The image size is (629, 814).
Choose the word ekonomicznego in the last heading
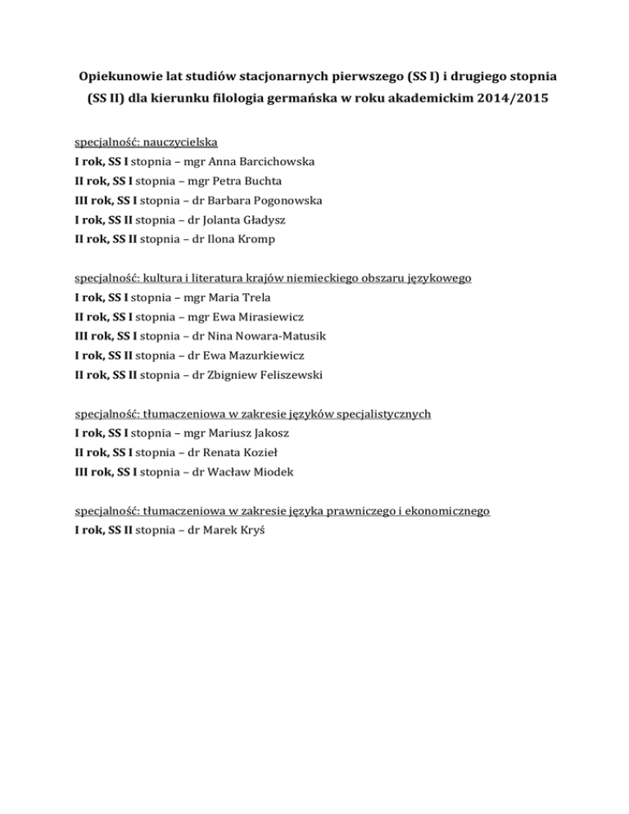(x=448, y=511)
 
